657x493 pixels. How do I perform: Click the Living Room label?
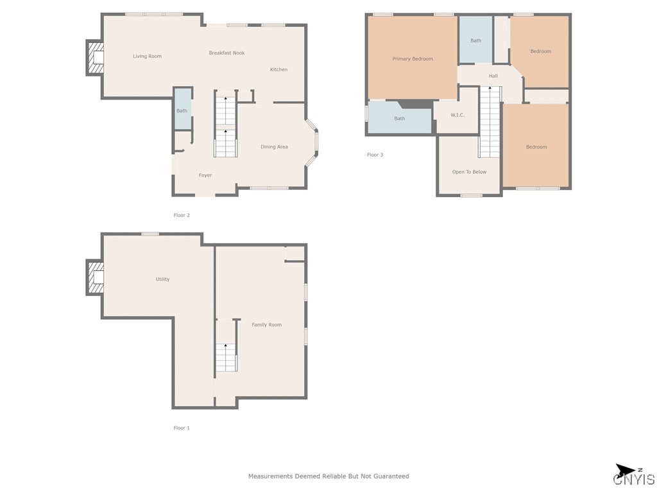click(147, 56)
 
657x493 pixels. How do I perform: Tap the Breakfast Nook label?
click(226, 53)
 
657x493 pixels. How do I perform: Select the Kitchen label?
click(278, 69)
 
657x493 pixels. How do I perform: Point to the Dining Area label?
click(274, 147)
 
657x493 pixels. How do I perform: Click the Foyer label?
click(205, 175)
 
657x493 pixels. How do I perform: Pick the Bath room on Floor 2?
click(182, 110)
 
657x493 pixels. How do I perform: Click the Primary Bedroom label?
click(413, 59)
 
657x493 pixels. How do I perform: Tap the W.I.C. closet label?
click(457, 116)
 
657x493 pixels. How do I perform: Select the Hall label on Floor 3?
click(493, 76)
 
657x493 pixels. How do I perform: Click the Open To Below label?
click(469, 172)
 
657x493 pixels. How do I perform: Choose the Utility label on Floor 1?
click(162, 279)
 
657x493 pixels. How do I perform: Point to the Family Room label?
click(266, 325)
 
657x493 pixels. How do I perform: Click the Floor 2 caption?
click(182, 216)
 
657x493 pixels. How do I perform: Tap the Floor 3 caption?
click(375, 155)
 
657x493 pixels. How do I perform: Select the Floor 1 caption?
click(182, 428)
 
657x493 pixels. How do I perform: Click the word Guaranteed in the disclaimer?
click(389, 476)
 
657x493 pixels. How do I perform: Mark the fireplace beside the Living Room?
click(95, 58)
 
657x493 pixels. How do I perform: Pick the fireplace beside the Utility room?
click(95, 277)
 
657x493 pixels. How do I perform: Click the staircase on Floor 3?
click(490, 122)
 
